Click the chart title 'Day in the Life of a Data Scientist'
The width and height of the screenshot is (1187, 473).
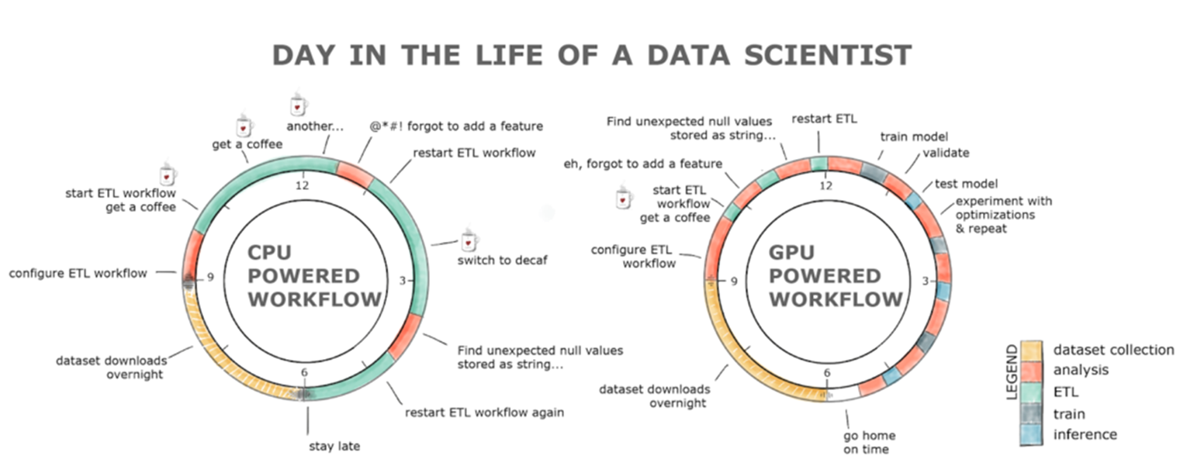pos(592,55)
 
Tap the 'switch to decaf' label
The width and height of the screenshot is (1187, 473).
pos(503,260)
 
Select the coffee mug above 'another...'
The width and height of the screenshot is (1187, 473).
pos(299,104)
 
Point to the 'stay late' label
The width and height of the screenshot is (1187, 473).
pos(334,446)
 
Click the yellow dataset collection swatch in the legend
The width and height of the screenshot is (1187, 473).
pos(1031,350)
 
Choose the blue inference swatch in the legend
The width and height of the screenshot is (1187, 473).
pos(1031,435)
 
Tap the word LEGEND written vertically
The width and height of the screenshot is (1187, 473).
pos(1012,372)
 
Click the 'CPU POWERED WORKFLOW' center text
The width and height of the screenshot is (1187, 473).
pos(313,276)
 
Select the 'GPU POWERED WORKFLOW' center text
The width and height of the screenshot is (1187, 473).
pos(835,276)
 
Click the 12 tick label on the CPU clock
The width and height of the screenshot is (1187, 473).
pos(302,185)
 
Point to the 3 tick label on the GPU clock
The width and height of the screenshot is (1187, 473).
pos(926,281)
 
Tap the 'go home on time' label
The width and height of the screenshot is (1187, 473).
pos(869,442)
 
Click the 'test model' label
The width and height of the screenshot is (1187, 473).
pos(966,184)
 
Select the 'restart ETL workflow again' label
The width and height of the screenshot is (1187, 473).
pos(484,413)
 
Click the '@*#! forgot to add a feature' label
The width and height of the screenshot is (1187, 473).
pos(456,126)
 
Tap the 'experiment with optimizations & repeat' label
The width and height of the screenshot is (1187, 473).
pos(1003,215)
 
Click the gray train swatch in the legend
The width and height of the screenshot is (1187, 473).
pos(1031,413)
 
